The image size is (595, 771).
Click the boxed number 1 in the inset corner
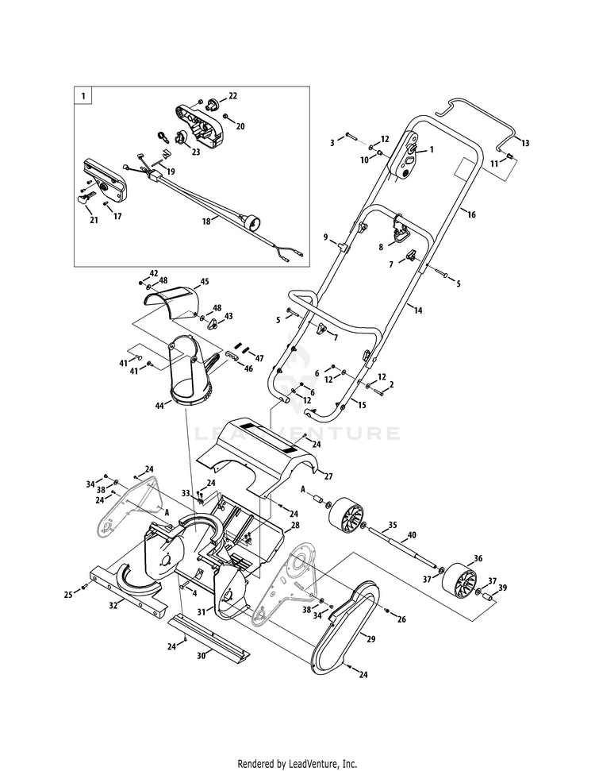(83, 97)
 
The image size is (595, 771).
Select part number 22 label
(232, 95)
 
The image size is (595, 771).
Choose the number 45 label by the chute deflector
(205, 281)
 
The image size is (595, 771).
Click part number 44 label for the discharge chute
(159, 405)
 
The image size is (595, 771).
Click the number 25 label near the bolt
(68, 595)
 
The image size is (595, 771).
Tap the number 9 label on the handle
(325, 237)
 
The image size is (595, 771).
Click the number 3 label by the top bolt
(333, 142)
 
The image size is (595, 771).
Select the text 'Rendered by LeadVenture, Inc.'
(297, 764)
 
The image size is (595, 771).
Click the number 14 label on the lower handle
(418, 310)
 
